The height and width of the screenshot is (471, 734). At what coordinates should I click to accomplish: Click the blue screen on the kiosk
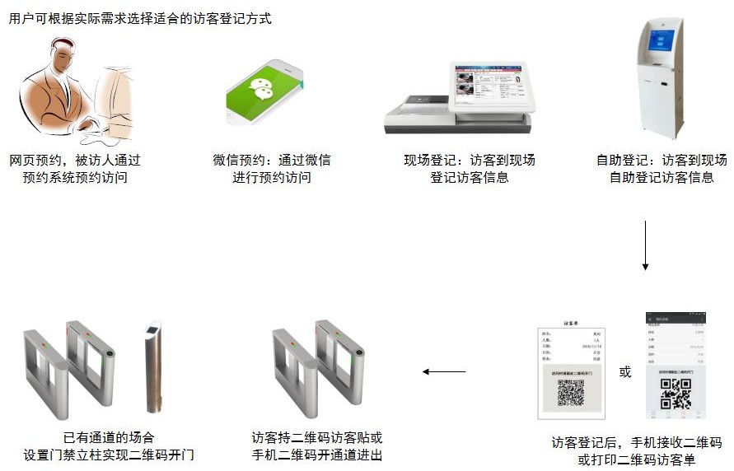662,40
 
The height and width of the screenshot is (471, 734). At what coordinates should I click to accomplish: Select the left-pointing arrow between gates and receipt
444,371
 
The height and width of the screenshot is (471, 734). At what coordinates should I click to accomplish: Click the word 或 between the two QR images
625,372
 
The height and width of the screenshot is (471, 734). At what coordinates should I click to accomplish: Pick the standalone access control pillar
153,366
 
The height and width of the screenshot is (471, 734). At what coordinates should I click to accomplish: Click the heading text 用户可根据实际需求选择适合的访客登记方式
140,18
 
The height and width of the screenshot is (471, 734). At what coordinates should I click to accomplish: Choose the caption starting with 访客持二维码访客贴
317,446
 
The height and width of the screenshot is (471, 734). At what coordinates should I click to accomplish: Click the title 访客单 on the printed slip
573,324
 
